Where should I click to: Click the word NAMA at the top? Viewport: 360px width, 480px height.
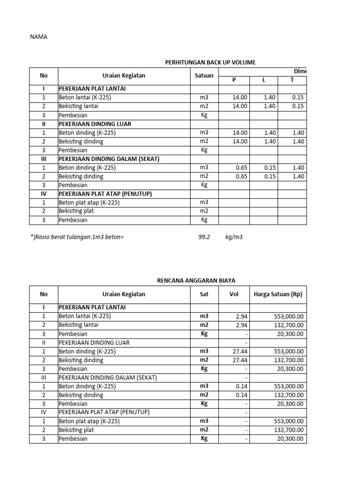click(39, 37)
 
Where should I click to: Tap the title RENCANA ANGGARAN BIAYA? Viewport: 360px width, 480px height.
click(195, 280)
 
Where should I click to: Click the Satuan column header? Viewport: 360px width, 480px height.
click(204, 75)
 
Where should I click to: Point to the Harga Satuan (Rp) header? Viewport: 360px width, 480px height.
click(278, 294)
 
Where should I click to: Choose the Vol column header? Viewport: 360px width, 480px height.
click(233, 294)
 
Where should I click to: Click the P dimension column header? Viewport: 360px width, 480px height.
click(234, 80)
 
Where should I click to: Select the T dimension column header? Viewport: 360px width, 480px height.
click(292, 80)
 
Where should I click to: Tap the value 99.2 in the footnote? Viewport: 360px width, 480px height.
click(204, 237)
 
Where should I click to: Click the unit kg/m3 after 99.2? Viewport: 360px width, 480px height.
click(234, 237)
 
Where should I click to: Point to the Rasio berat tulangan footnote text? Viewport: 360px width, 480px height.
click(77, 237)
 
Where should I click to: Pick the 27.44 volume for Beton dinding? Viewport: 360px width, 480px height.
click(239, 352)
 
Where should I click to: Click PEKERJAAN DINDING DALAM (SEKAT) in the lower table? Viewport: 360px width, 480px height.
click(107, 378)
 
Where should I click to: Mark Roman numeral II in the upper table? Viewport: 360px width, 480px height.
click(44, 124)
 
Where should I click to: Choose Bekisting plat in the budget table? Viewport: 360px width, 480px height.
click(76, 430)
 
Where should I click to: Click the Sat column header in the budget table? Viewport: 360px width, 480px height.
click(204, 294)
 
